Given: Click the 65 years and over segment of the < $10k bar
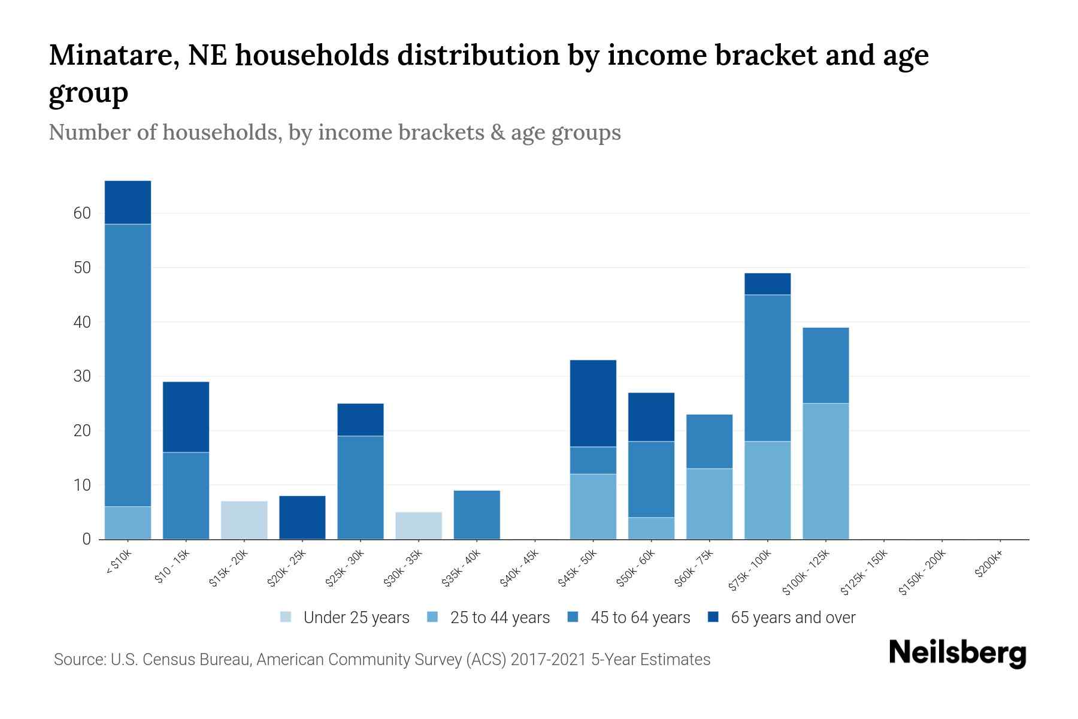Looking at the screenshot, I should coord(128,203).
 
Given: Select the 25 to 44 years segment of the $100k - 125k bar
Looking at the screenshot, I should coord(825,472).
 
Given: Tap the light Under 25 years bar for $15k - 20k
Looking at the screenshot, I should coord(244,520).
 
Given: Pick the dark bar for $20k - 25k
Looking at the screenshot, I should coord(302,518).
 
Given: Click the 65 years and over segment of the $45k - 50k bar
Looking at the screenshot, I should coord(593,403).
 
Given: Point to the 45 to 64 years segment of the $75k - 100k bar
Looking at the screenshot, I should coord(767,368).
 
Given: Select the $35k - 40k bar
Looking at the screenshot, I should coord(477,515).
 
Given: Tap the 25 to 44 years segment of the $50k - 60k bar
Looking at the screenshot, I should coord(651,528).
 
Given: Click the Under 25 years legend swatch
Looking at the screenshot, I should coord(286,617).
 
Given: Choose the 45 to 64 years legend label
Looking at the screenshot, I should coord(640,618).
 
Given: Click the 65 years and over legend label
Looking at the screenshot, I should coord(793,618).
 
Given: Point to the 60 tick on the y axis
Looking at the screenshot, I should coord(82,213).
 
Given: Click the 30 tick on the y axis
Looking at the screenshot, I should coord(82,376).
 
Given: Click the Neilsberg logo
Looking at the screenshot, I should coord(957,653).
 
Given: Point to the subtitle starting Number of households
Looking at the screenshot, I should coord(334,132).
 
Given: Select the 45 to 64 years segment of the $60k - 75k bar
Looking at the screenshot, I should coord(709,442).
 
